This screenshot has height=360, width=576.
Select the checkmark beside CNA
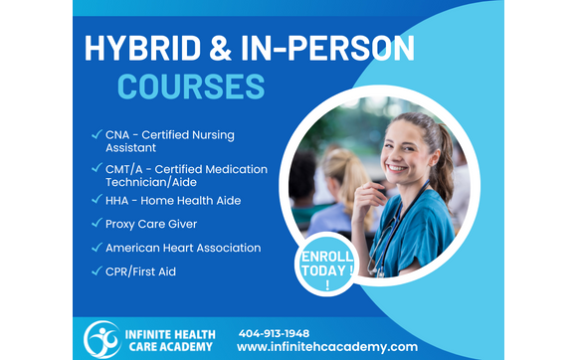click(x=96, y=134)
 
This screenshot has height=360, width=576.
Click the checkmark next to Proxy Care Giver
click(x=96, y=224)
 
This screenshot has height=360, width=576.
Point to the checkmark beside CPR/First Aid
click(x=96, y=271)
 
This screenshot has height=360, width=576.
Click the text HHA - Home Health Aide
click(x=173, y=200)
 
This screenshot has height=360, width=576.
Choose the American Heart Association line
click(x=183, y=248)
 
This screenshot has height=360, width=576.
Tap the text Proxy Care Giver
click(x=151, y=224)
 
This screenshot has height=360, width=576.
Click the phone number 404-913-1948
click(x=274, y=332)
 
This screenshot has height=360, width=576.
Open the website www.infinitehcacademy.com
click(x=327, y=347)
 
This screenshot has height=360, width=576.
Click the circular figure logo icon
click(x=101, y=339)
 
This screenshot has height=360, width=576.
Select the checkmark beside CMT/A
click(x=96, y=169)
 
